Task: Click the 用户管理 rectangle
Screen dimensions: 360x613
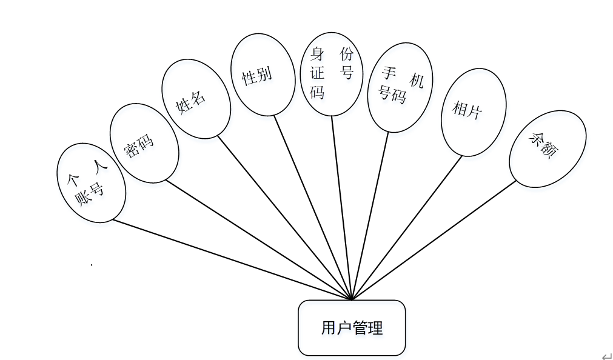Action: pos(352,328)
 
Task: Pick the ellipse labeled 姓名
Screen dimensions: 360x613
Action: pos(196,99)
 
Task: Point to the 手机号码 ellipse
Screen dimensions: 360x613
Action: pos(401,87)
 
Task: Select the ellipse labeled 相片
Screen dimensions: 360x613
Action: pos(474,112)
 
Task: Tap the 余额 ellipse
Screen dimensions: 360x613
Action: pos(547,149)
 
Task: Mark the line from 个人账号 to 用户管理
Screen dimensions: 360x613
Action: pos(230,259)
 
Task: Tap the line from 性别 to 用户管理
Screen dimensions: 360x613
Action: pos(312,206)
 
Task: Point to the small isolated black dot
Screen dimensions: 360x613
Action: pos(91,265)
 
